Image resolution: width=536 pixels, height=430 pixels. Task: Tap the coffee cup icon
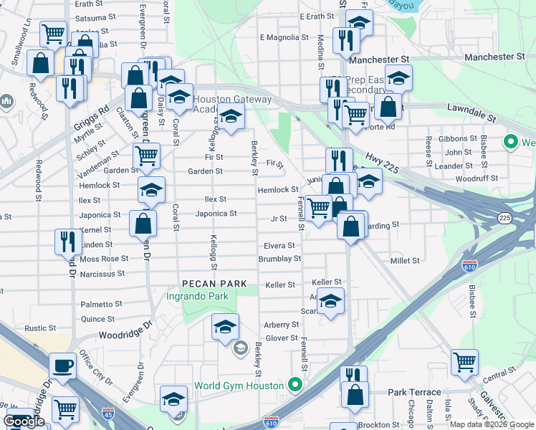[x=62, y=365]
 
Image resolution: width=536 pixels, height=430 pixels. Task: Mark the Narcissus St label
[x=101, y=273]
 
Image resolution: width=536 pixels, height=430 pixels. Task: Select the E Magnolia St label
[x=284, y=37]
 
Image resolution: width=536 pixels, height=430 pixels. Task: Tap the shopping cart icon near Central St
[x=464, y=362]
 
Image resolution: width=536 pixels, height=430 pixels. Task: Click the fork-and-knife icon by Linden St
[x=68, y=240]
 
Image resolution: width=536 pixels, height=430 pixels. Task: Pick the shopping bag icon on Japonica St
[x=143, y=222]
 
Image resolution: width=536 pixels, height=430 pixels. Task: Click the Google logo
[x=24, y=421]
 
